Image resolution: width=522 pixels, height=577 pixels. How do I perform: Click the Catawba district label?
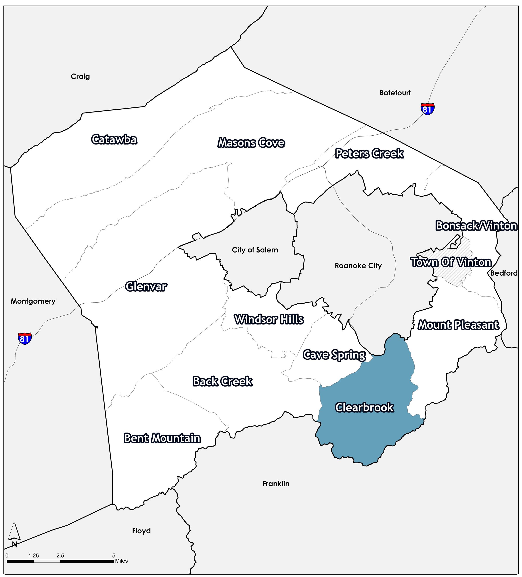point(114,140)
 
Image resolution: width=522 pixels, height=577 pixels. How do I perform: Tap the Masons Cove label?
point(251,143)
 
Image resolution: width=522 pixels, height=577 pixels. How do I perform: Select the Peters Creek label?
point(369,154)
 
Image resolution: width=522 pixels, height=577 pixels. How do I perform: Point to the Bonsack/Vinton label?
point(476,226)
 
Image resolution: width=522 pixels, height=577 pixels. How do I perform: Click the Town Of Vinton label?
point(451,262)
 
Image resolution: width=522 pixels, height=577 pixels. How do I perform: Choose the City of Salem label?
point(255,250)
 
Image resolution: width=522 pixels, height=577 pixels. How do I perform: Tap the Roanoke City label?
point(358,266)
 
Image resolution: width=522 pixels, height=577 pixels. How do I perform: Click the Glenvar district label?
point(146,287)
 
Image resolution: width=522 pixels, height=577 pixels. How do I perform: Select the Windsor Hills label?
point(269,319)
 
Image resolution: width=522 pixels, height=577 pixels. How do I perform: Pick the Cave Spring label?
point(334,355)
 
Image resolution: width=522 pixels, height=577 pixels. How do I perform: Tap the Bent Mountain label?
point(162,438)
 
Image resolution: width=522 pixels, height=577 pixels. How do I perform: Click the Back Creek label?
point(222,381)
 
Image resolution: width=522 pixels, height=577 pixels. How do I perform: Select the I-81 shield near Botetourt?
point(427,109)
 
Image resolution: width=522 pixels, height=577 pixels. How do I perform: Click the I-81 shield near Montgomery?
point(25,338)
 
